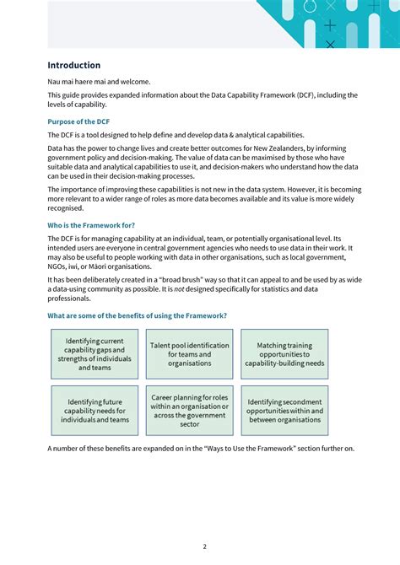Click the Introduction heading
point(73,65)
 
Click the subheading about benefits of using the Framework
point(137,315)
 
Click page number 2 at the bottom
point(204,546)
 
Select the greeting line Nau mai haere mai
point(99,82)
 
